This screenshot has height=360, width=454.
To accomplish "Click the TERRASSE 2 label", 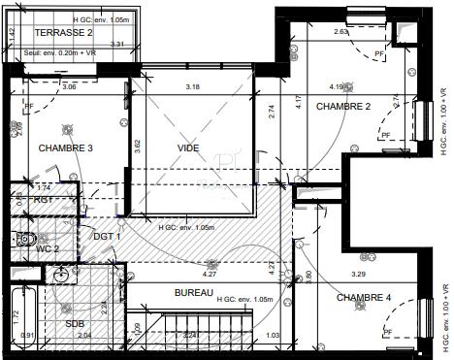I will [x=63, y=32].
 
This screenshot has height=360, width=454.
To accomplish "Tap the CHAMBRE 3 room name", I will [x=66, y=148].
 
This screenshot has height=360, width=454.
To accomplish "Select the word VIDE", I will [x=187, y=147].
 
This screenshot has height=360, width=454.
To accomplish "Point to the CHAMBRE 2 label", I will [x=344, y=107].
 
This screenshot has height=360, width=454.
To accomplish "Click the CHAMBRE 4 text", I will [x=365, y=298].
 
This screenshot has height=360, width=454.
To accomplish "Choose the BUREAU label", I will [x=195, y=292].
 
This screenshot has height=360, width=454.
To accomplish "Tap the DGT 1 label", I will [x=106, y=236].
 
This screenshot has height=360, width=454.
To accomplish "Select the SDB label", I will [x=75, y=324].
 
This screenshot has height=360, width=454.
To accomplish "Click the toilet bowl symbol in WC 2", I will [x=26, y=239].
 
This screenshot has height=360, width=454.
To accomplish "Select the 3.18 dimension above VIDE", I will [x=193, y=87].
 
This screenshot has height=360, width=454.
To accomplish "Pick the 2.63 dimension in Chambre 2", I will [x=340, y=31].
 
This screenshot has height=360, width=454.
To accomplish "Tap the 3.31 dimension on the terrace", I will [x=116, y=45].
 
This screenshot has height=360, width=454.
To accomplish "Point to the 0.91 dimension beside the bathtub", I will [x=26, y=336].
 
